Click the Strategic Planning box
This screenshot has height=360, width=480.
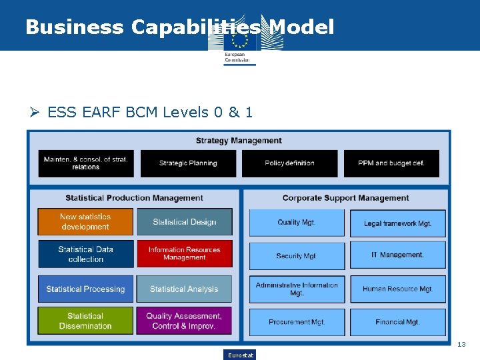pos(188,163)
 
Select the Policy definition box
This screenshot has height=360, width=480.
pos(289,163)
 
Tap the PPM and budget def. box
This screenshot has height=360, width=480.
pos(391,163)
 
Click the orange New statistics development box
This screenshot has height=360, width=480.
pos(85,222)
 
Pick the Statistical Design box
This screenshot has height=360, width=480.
pos(185,222)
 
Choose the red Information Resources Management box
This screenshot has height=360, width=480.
pos(185,254)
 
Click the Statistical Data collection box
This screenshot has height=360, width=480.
pos(85,254)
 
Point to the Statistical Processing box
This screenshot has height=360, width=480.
pos(85,289)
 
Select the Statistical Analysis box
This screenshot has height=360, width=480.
pos(185,289)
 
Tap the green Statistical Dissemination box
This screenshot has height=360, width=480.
pos(85,321)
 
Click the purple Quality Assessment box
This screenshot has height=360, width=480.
pos(184,321)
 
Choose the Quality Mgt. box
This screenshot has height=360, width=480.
pos(297,223)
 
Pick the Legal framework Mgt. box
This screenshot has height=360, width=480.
pos(397,223)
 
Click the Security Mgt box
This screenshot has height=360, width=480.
pos(297,256)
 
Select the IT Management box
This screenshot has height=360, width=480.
pos(397,255)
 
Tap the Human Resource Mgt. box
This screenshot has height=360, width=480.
pos(397,289)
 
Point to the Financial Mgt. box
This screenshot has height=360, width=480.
pos(397,322)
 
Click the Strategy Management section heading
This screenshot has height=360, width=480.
pos(239,141)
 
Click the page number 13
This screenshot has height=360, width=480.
pos(461,345)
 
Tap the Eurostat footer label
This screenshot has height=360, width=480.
pos(240,355)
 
